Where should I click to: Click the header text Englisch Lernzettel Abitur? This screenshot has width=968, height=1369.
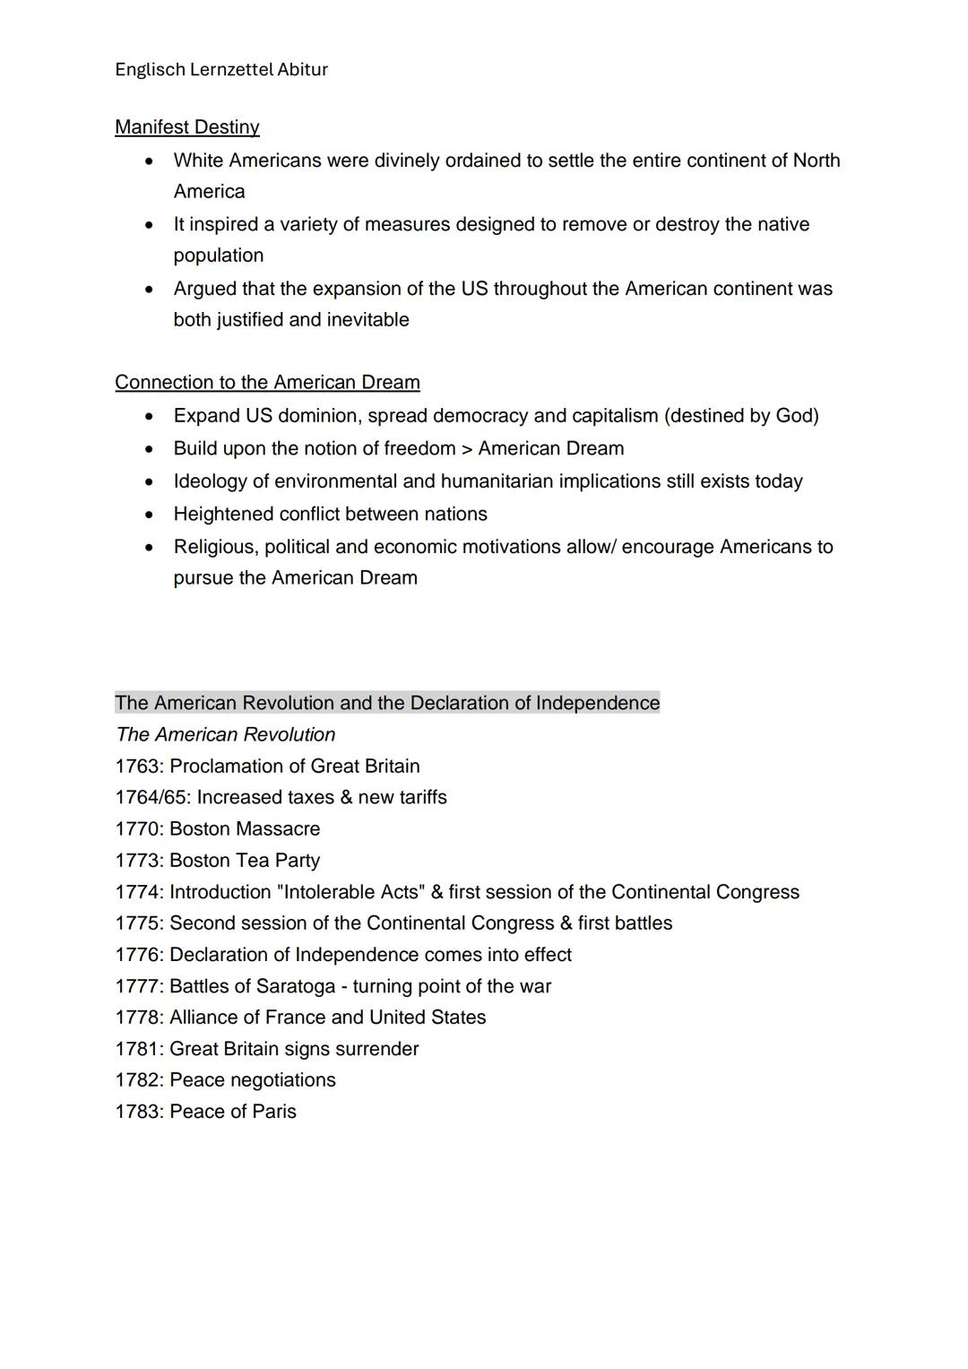221,70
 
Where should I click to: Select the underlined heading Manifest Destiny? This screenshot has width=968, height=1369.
187,127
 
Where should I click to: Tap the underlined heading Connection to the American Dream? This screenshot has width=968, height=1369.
267,383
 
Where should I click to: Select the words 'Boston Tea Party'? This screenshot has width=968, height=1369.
245,861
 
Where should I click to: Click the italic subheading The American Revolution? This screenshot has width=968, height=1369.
225,735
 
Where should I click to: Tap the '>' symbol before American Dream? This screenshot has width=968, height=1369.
467,449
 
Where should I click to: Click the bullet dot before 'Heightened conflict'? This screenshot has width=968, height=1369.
150,516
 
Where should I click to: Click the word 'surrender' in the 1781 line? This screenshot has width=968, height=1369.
376,1049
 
